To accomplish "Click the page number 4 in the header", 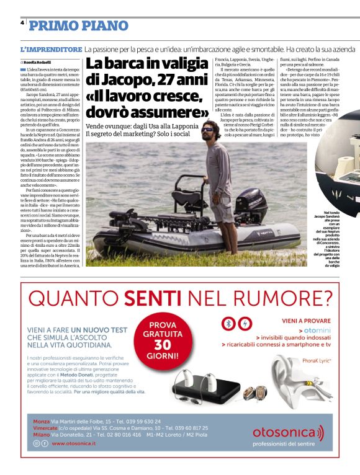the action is [22, 22].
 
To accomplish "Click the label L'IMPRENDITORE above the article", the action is [51, 49].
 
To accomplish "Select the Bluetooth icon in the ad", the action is [230, 324].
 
